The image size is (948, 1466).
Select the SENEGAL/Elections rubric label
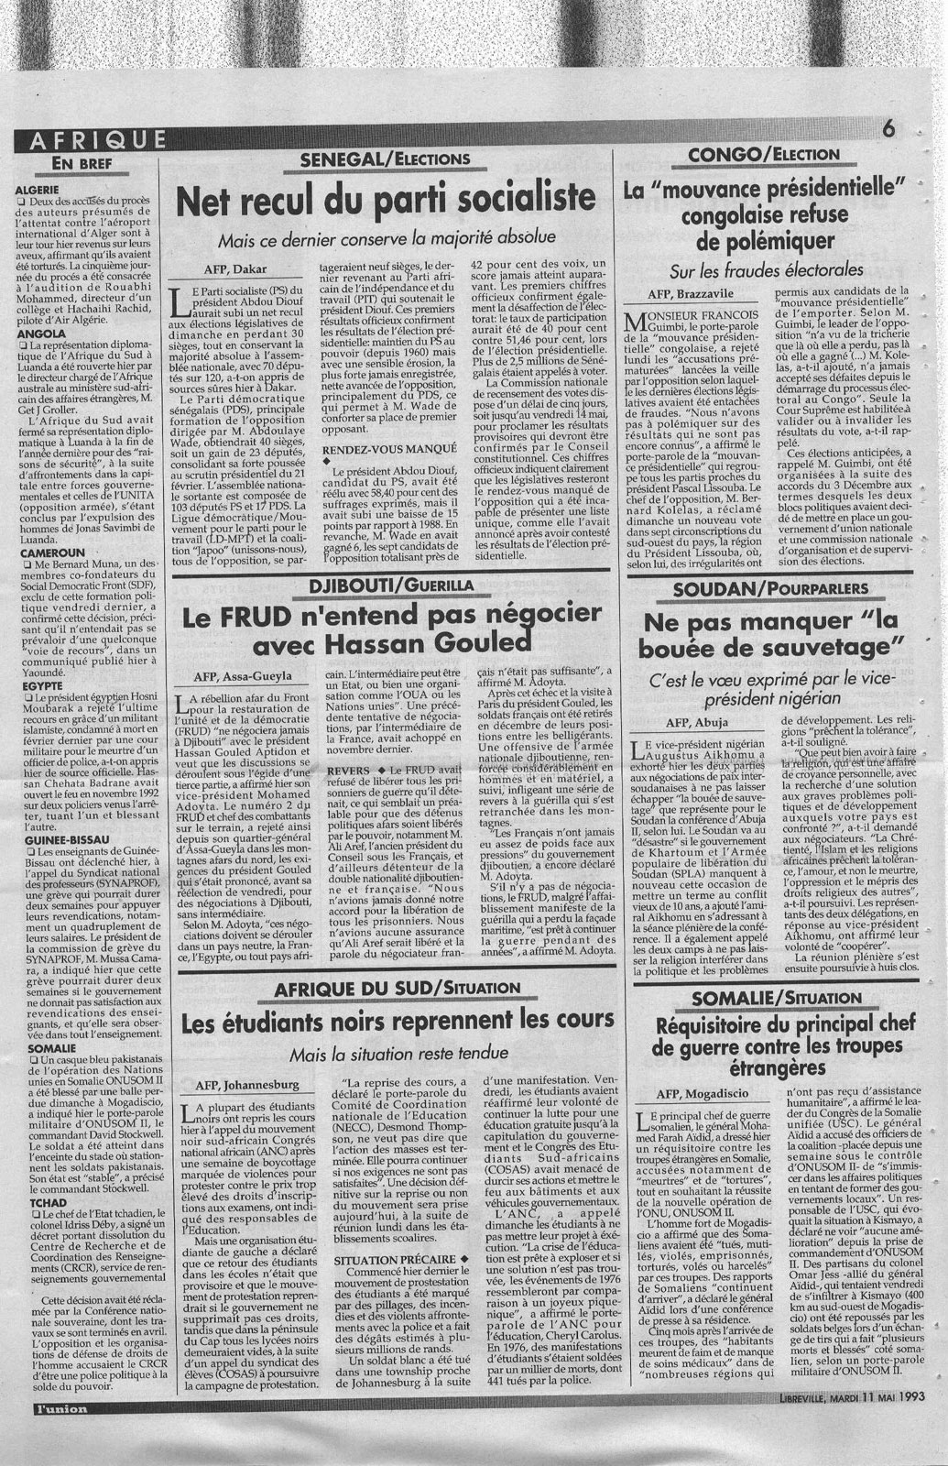tap(385, 160)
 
